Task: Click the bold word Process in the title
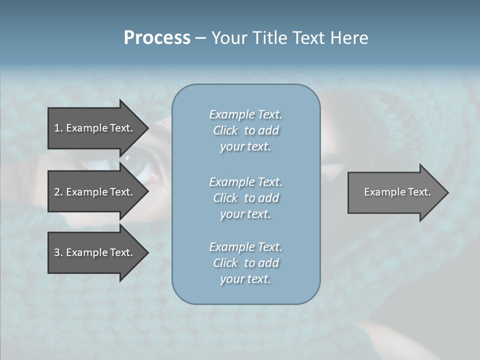click(x=157, y=38)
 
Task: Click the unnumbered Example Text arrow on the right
click(x=395, y=192)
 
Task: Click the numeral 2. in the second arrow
click(x=58, y=192)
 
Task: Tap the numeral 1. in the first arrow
click(x=58, y=128)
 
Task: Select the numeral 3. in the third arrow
click(x=58, y=252)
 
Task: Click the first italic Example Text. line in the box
click(x=245, y=114)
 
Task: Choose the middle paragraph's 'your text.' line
click(x=245, y=214)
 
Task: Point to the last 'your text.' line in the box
click(x=245, y=279)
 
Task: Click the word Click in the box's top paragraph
click(x=225, y=130)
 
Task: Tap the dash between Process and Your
click(x=200, y=38)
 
